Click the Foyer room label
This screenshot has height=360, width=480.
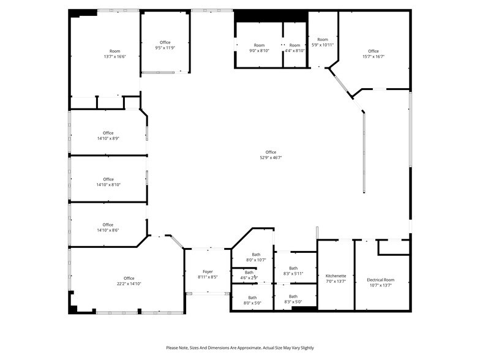click(x=208, y=271)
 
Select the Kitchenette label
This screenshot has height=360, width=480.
click(x=336, y=276)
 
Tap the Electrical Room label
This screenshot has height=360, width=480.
click(x=380, y=280)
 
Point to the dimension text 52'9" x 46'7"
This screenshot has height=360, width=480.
click(x=271, y=158)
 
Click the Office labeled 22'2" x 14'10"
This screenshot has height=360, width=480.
click(x=129, y=278)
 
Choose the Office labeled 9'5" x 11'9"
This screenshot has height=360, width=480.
click(x=165, y=42)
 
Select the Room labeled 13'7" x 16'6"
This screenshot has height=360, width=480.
click(x=115, y=51)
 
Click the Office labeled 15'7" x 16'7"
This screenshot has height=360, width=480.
click(x=373, y=51)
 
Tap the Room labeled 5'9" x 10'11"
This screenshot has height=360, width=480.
click(x=323, y=40)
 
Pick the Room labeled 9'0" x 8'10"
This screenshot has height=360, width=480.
click(x=260, y=45)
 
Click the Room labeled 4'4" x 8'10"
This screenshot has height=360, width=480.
click(x=295, y=45)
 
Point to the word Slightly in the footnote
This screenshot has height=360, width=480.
click(x=304, y=348)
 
